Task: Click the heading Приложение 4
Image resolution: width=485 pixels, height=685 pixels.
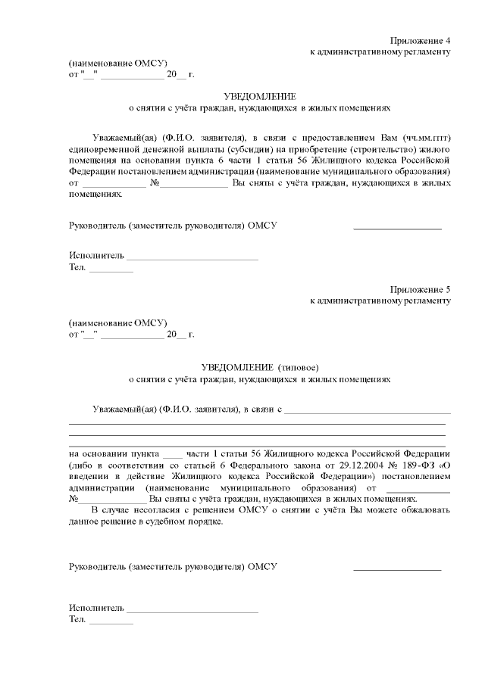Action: pos(421,39)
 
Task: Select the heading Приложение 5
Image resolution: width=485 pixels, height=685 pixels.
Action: pos(421,288)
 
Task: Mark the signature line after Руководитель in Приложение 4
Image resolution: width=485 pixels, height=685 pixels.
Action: pos(397,226)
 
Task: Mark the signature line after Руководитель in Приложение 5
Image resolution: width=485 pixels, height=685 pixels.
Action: pos(397,567)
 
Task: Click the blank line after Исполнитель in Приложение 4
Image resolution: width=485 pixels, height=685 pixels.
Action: pos(192,257)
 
